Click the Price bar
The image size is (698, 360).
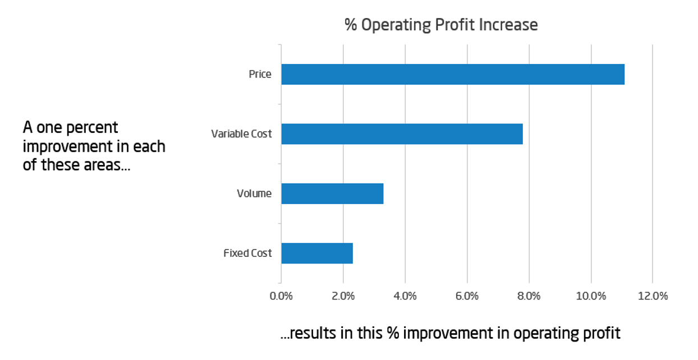point(452,74)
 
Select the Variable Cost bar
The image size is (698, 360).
point(402,134)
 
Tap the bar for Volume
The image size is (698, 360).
point(332,193)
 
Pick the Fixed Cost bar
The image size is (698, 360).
point(317,253)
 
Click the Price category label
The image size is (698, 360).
point(260,74)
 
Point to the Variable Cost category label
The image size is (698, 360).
point(241,134)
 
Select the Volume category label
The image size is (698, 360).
point(254,194)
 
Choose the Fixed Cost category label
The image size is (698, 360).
point(247,253)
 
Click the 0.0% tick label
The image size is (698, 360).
point(281,296)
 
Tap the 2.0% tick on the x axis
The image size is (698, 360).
point(343,296)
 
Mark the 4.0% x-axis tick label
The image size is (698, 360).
point(405,296)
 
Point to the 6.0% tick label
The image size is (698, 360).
point(467,296)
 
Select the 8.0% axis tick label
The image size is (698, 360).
point(529,296)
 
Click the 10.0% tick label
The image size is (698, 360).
point(590,296)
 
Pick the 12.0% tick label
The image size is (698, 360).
point(652,296)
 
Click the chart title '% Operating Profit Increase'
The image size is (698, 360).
point(441,25)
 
